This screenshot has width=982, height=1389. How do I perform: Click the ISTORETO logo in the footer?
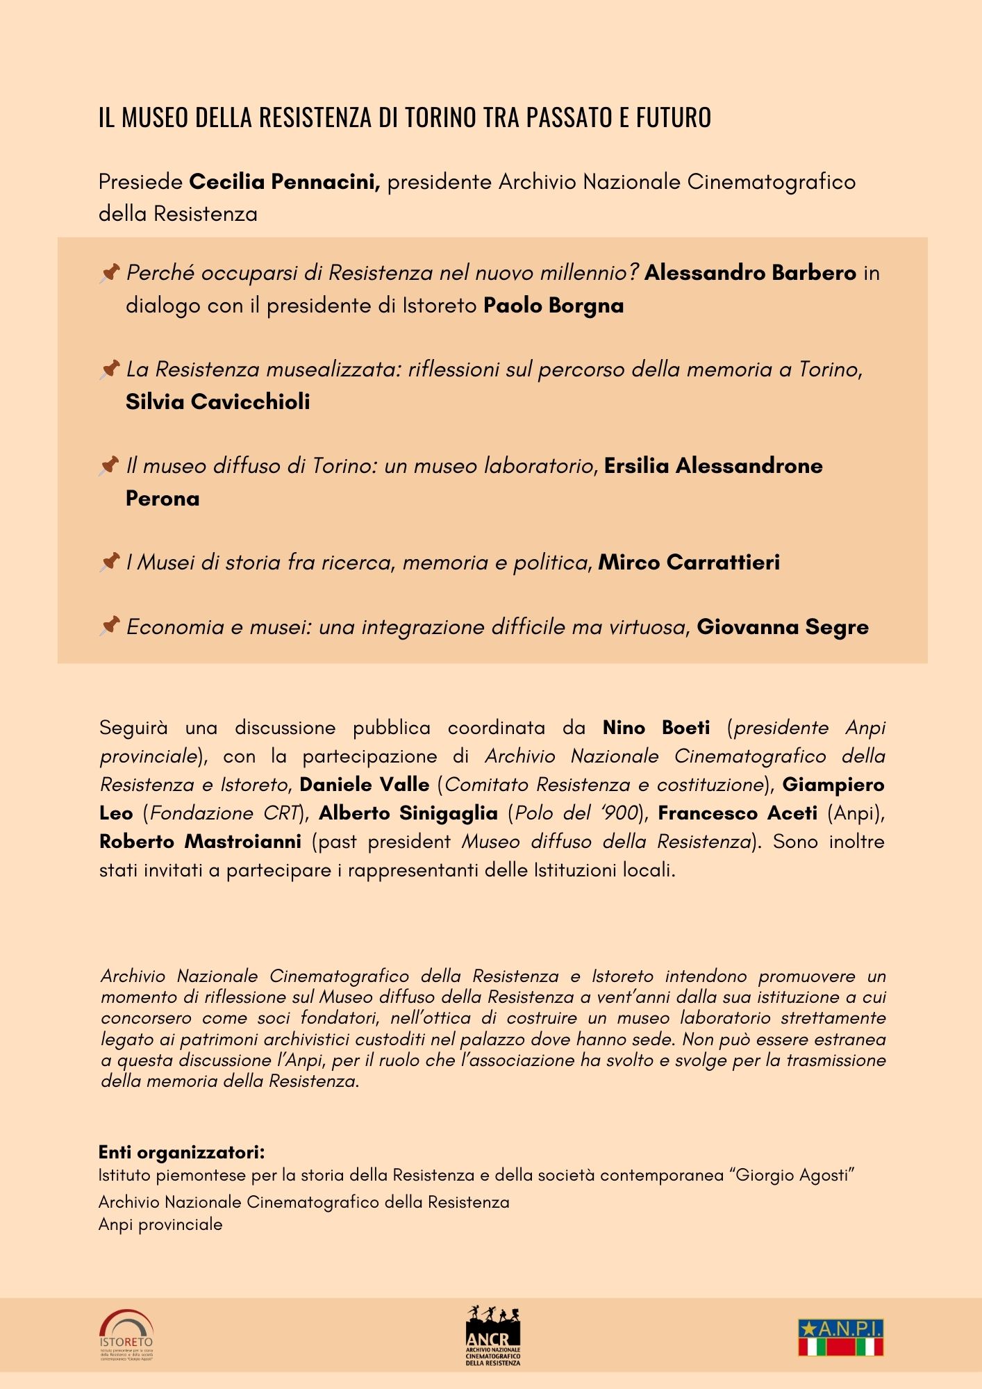(x=126, y=1335)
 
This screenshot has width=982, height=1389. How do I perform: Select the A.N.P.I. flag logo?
(x=840, y=1337)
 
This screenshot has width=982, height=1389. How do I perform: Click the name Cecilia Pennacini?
(x=284, y=182)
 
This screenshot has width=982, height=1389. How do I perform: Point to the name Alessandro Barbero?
(x=750, y=273)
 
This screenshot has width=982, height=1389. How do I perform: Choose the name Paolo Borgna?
(x=554, y=306)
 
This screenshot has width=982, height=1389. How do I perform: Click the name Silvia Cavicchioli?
(x=218, y=401)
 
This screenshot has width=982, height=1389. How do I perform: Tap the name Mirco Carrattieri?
(x=689, y=562)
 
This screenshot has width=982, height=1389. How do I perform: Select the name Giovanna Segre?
(x=783, y=627)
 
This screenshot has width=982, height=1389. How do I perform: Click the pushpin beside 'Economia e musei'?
(x=110, y=626)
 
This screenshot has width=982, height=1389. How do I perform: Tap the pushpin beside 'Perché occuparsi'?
(x=110, y=272)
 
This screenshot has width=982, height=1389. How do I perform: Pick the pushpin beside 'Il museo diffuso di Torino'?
(x=110, y=465)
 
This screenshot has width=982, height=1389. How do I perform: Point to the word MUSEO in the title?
(x=155, y=118)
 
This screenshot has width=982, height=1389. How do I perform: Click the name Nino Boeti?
(x=656, y=728)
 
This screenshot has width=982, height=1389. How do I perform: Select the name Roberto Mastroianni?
(x=200, y=842)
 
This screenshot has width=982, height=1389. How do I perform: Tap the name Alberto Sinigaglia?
(x=408, y=813)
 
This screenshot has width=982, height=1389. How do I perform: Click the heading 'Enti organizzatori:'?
(x=181, y=1152)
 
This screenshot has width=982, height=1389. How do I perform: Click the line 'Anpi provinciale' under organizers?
(x=160, y=1224)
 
